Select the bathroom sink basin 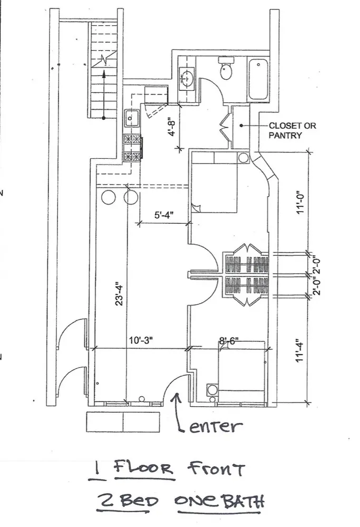click(187, 78)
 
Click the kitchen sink click(131, 118)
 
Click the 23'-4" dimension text click(120, 293)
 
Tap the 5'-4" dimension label click(163, 215)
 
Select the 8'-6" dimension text click(229, 341)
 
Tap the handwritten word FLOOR click(143, 468)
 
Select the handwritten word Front click(216, 467)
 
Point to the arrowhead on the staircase click(104, 75)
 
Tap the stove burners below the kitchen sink click(132, 148)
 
